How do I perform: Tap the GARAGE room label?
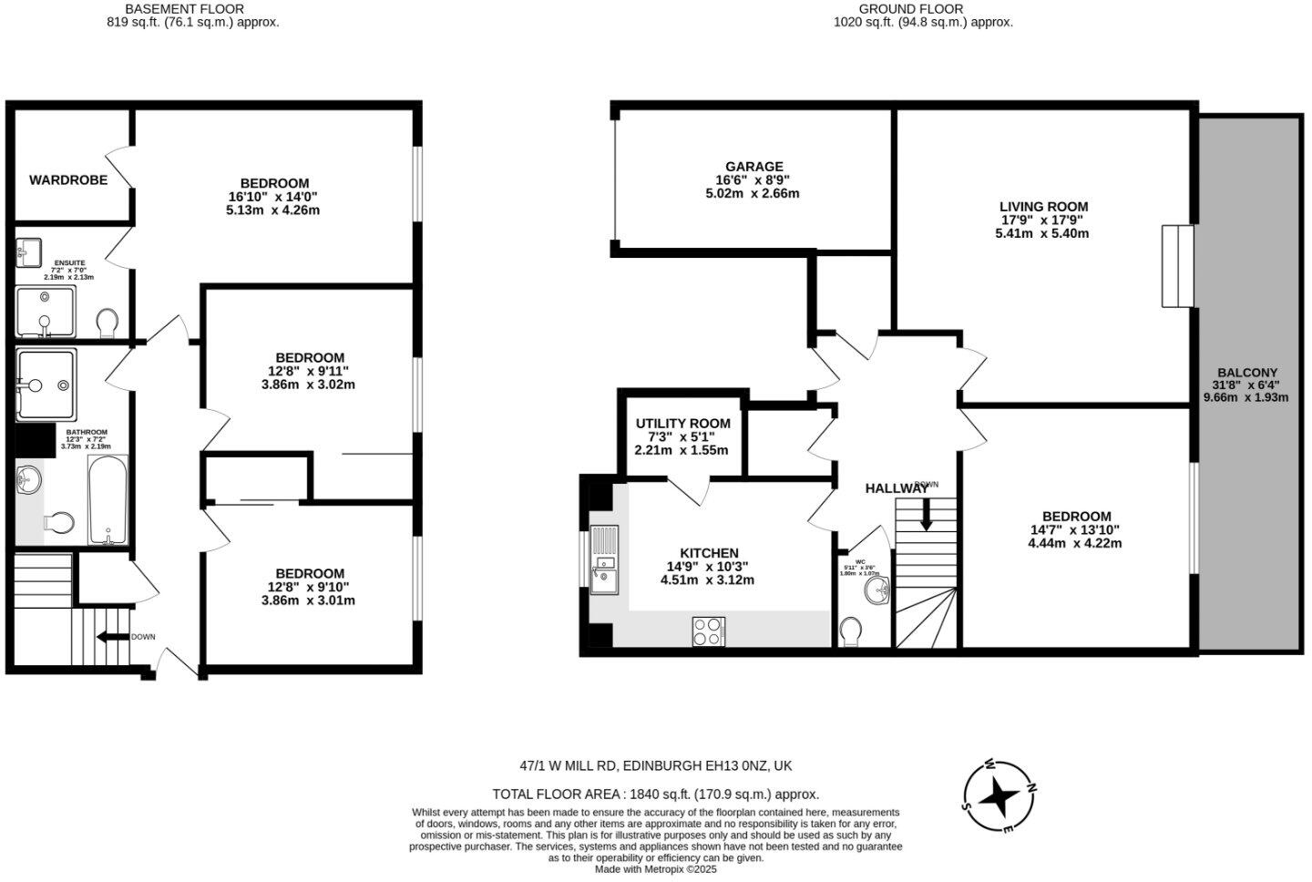pos(753,167)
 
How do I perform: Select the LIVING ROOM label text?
pos(1043,207)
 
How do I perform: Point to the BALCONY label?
pos(1246,373)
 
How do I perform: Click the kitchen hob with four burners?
pos(708,631)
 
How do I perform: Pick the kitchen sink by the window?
pos(603,577)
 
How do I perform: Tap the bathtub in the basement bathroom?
pos(108,500)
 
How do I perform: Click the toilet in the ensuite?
pos(108,321)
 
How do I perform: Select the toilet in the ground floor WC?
pos(852,631)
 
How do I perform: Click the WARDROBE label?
pos(68,180)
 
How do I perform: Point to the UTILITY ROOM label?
pos(682,424)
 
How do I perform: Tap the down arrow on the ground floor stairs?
pos(926,515)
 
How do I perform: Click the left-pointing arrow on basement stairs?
pos(111,637)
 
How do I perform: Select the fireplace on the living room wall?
pos(1177,266)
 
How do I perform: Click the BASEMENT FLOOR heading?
pos(192,9)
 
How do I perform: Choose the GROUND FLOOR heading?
pos(923,9)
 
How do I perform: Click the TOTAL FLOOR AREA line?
pos(655,795)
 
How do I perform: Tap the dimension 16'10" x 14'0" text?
pos(272,197)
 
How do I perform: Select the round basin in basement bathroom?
pos(29,478)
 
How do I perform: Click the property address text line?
pos(655,766)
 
